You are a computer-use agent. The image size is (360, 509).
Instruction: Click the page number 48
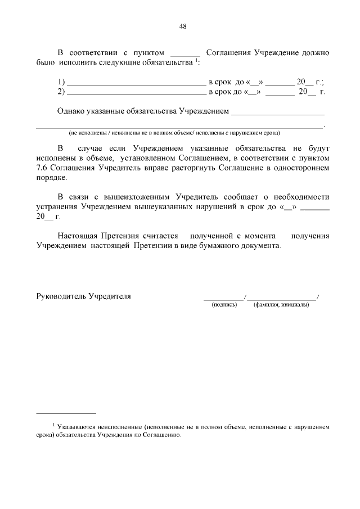(182, 26)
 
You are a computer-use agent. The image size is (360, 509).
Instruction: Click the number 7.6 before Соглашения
(43, 168)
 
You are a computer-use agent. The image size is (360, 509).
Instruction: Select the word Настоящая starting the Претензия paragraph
(78, 236)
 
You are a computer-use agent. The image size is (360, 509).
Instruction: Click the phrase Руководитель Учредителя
(84, 296)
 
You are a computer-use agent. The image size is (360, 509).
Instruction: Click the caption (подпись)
(224, 305)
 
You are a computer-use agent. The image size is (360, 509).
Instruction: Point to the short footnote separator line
(66, 413)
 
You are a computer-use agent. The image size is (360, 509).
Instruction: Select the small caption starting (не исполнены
(174, 133)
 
